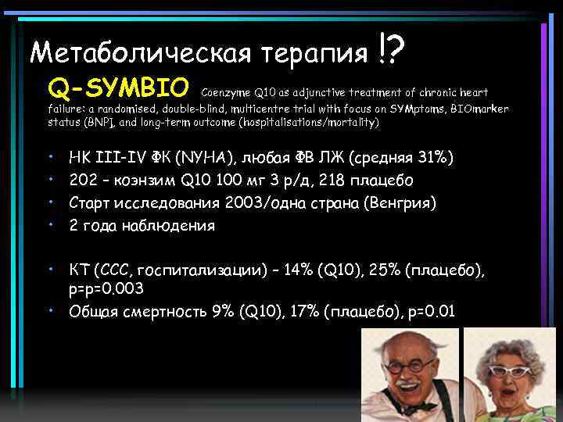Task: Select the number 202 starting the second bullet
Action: pyautogui.click(x=83, y=181)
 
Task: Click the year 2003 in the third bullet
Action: pyautogui.click(x=246, y=202)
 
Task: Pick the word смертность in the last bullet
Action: pyautogui.click(x=160, y=313)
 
